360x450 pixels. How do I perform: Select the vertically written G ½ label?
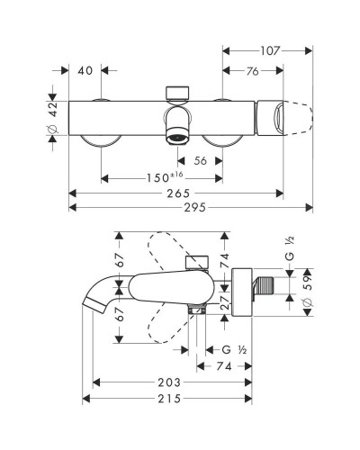[288, 249]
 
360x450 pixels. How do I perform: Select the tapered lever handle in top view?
[290, 116]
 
